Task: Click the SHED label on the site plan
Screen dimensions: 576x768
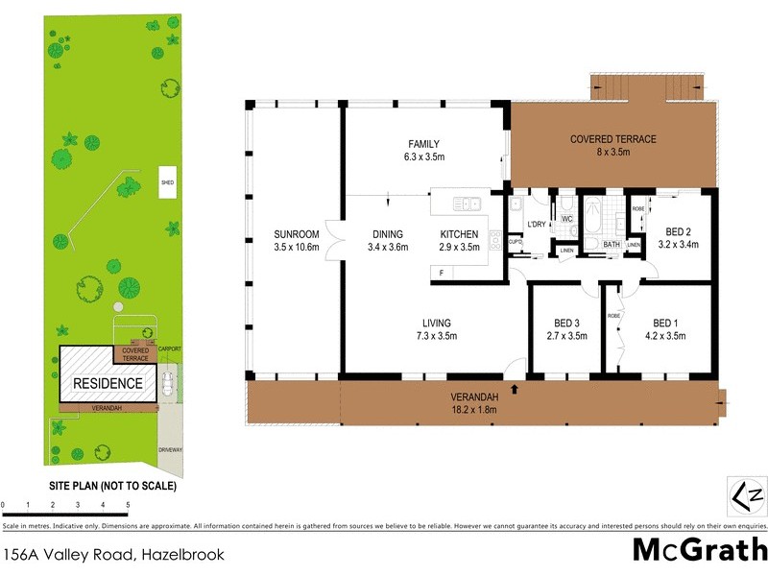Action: (167, 182)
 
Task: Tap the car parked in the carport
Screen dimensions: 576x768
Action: (168, 384)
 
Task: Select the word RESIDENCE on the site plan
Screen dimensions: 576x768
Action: (108, 384)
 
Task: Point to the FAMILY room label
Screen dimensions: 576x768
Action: (423, 145)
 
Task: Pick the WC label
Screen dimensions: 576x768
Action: (566, 219)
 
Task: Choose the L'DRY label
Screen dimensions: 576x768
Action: (537, 225)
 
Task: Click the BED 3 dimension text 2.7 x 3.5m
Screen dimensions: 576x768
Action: (564, 336)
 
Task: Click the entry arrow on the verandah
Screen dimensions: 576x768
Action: (516, 389)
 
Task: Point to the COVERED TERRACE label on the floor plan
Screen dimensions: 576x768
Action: (613, 139)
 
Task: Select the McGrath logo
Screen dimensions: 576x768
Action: (700, 549)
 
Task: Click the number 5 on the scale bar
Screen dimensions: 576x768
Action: (128, 503)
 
